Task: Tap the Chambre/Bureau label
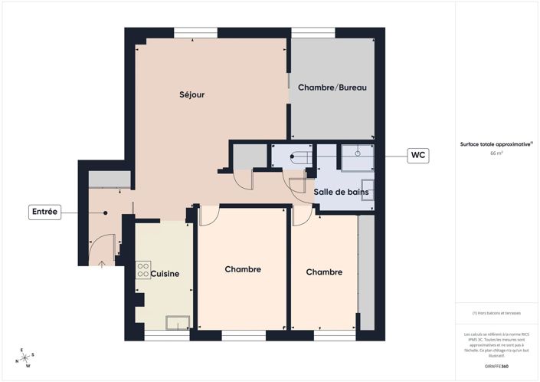coord(332,87)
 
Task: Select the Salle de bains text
coord(342,192)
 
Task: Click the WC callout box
coord(417,155)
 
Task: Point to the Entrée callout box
coord(44,212)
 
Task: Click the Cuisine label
coord(166,274)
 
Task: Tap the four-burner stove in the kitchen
coord(142,270)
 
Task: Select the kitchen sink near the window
coord(178,323)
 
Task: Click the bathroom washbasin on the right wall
coord(367,189)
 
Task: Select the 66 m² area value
coord(496,153)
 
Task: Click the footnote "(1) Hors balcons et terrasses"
coord(496,313)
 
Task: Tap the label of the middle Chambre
coord(243,269)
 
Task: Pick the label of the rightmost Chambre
coord(324,272)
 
